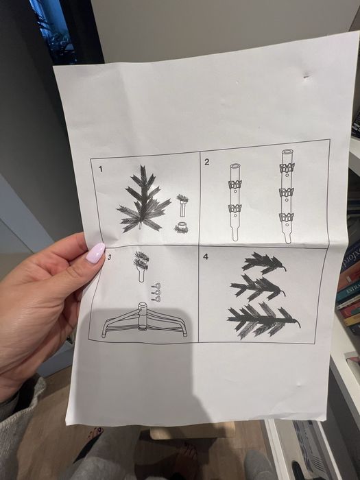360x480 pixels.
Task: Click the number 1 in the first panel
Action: click(x=101, y=169)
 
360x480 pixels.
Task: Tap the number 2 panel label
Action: click(x=206, y=162)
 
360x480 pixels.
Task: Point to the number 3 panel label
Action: click(x=109, y=257)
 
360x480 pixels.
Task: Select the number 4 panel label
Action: click(x=206, y=256)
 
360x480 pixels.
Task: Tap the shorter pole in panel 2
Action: click(x=235, y=202)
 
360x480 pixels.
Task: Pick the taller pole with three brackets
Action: click(x=287, y=196)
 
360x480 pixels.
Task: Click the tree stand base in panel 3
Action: click(x=144, y=322)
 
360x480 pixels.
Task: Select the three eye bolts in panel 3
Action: click(x=156, y=292)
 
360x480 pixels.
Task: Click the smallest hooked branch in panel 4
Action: click(x=263, y=263)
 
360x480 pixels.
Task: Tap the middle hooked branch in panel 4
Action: click(x=258, y=287)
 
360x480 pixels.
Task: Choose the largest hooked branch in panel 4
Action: click(x=263, y=320)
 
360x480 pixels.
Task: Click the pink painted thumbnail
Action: click(x=95, y=253)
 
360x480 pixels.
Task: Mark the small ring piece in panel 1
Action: click(x=182, y=228)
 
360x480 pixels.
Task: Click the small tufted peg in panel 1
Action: click(x=183, y=206)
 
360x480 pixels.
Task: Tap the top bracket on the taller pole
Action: click(x=287, y=167)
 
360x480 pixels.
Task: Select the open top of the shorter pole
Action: click(x=235, y=166)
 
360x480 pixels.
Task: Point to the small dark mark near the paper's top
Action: click(x=306, y=77)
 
